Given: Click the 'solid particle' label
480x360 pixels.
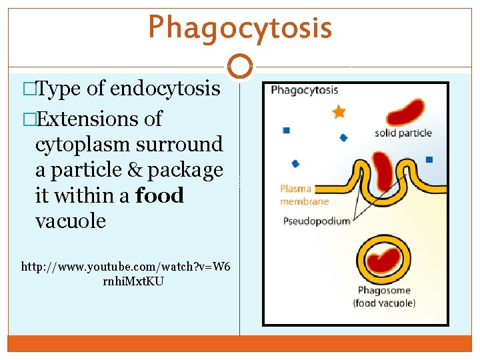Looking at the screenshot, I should click(403, 133).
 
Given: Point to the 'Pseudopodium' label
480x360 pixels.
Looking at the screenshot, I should click(317, 221).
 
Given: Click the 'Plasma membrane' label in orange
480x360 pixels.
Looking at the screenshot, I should click(304, 195).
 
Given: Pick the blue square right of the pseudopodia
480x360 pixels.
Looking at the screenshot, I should click(429, 159).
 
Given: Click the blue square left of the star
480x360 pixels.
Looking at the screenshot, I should click(286, 131).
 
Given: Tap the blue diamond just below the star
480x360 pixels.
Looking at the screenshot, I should click(343, 138).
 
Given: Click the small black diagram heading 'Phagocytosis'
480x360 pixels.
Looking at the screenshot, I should click(304, 90).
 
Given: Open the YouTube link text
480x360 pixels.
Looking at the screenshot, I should click(125, 273).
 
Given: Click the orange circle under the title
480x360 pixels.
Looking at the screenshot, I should click(240, 67).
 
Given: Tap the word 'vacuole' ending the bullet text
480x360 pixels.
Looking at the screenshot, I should click(71, 221).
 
